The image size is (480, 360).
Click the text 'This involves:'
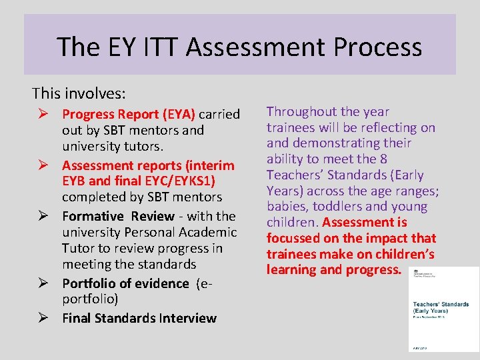79,93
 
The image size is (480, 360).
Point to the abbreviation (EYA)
175,114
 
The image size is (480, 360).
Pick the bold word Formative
93,216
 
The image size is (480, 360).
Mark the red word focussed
295,238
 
